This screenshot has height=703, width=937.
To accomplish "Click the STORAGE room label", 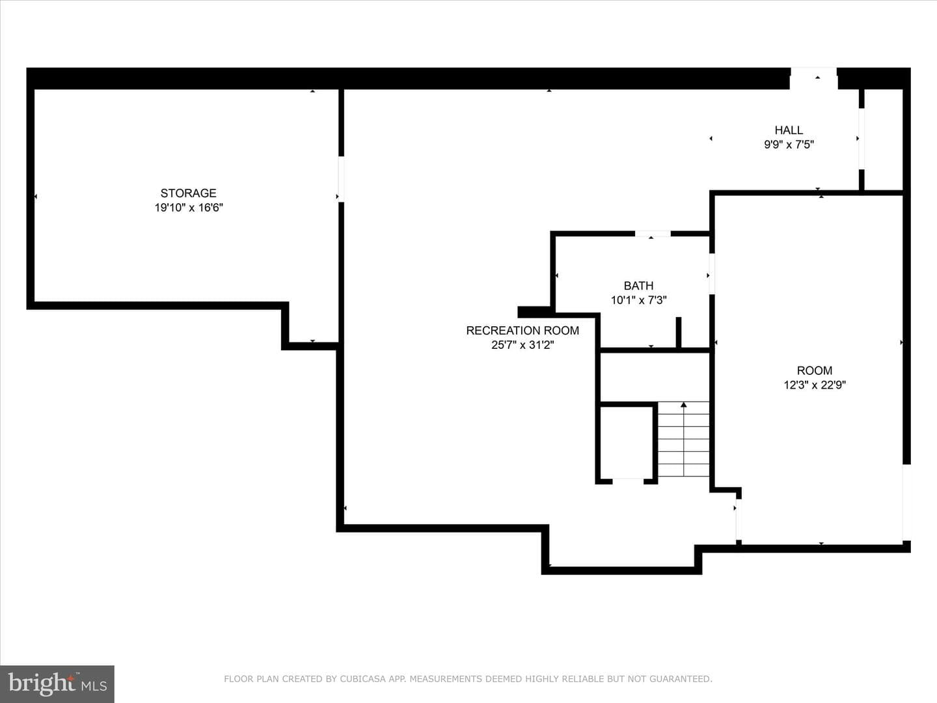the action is click(188, 193).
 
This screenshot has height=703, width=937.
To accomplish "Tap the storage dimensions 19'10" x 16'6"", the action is click(189, 208).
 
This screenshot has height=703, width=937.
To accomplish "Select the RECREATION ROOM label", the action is click(523, 331).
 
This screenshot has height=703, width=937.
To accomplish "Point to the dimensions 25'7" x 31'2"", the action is click(523, 345).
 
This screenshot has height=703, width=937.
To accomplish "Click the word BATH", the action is click(638, 286).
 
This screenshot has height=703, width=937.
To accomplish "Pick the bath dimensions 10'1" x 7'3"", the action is click(638, 300).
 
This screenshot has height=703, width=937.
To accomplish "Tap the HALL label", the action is click(789, 130).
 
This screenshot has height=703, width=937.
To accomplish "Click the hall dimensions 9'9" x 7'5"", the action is click(789, 145).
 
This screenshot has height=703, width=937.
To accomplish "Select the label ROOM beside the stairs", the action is click(815, 370).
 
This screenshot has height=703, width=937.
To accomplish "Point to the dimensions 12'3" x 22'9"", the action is click(815, 385).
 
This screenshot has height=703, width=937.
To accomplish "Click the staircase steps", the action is click(683, 439).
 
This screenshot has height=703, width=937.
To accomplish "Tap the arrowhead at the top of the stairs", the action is click(683, 405).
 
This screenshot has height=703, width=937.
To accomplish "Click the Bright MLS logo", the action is click(57, 683).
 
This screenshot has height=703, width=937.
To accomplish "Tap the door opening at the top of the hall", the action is click(813, 79).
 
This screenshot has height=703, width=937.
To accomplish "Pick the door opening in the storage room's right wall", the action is click(341, 179).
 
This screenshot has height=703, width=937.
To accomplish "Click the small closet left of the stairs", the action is click(626, 443).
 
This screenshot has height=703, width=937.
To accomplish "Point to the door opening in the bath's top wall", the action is click(653, 234).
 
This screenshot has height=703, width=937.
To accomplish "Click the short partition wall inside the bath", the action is click(678, 332).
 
